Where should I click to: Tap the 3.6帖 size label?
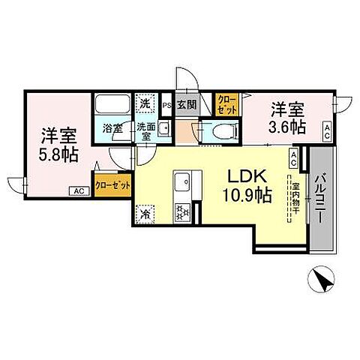(287, 127)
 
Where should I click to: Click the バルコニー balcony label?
(319, 196)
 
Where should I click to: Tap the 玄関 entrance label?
(187, 105)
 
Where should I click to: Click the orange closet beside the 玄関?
(226, 104)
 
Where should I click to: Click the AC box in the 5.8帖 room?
(79, 191)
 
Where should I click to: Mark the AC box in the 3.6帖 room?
(327, 131)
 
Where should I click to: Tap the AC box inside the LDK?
(293, 157)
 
